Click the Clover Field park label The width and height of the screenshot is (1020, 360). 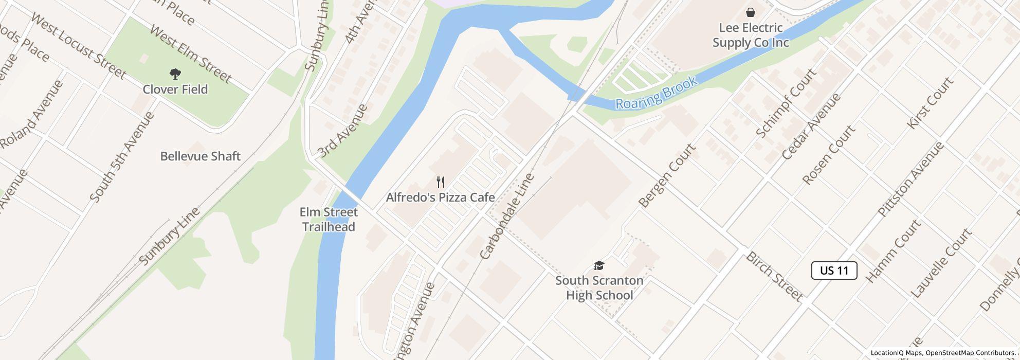[x=175, y=89]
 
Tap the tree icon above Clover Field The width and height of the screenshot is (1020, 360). [x=175, y=74]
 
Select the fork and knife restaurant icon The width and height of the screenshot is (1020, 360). [x=440, y=182]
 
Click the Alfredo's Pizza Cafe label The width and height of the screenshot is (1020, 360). [x=440, y=197]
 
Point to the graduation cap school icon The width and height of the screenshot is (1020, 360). [x=599, y=265]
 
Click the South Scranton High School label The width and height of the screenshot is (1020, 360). [x=599, y=288]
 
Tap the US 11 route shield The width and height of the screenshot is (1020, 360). [x=834, y=271]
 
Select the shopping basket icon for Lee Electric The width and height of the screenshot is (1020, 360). [x=751, y=12]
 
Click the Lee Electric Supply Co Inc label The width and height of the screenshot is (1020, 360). [x=751, y=35]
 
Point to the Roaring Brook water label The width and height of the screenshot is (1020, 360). [x=657, y=93]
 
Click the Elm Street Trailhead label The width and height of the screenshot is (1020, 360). [x=329, y=220]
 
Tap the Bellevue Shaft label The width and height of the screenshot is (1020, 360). [x=200, y=156]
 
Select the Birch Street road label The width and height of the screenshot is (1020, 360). [x=774, y=276]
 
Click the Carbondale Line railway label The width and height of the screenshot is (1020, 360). [x=507, y=216]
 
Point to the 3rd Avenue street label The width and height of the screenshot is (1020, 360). [x=342, y=130]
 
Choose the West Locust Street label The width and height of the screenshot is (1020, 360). [x=78, y=46]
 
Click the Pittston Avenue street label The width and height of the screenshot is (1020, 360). [x=910, y=178]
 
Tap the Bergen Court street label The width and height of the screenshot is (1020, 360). [x=667, y=175]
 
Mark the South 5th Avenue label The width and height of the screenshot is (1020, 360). [x=122, y=157]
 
